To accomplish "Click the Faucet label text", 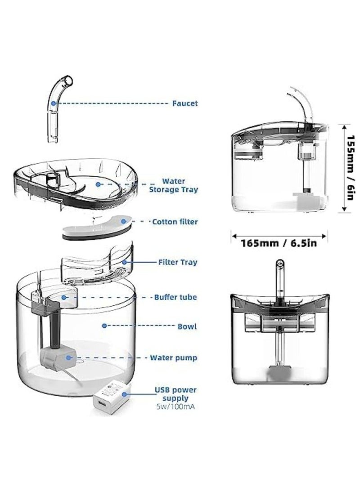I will (x=185, y=103).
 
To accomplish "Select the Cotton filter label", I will (x=175, y=222).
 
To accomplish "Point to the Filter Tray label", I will (x=178, y=262).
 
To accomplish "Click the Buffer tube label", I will (x=175, y=297).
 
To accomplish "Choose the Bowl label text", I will (x=187, y=326).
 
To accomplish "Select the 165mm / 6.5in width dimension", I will (x=279, y=243).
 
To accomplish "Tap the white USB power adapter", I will (x=108, y=400).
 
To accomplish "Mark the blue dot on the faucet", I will (x=53, y=103).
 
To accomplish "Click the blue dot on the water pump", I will (x=68, y=358).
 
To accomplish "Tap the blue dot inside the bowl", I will (x=104, y=326).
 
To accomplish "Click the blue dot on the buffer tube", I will (x=65, y=297).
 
